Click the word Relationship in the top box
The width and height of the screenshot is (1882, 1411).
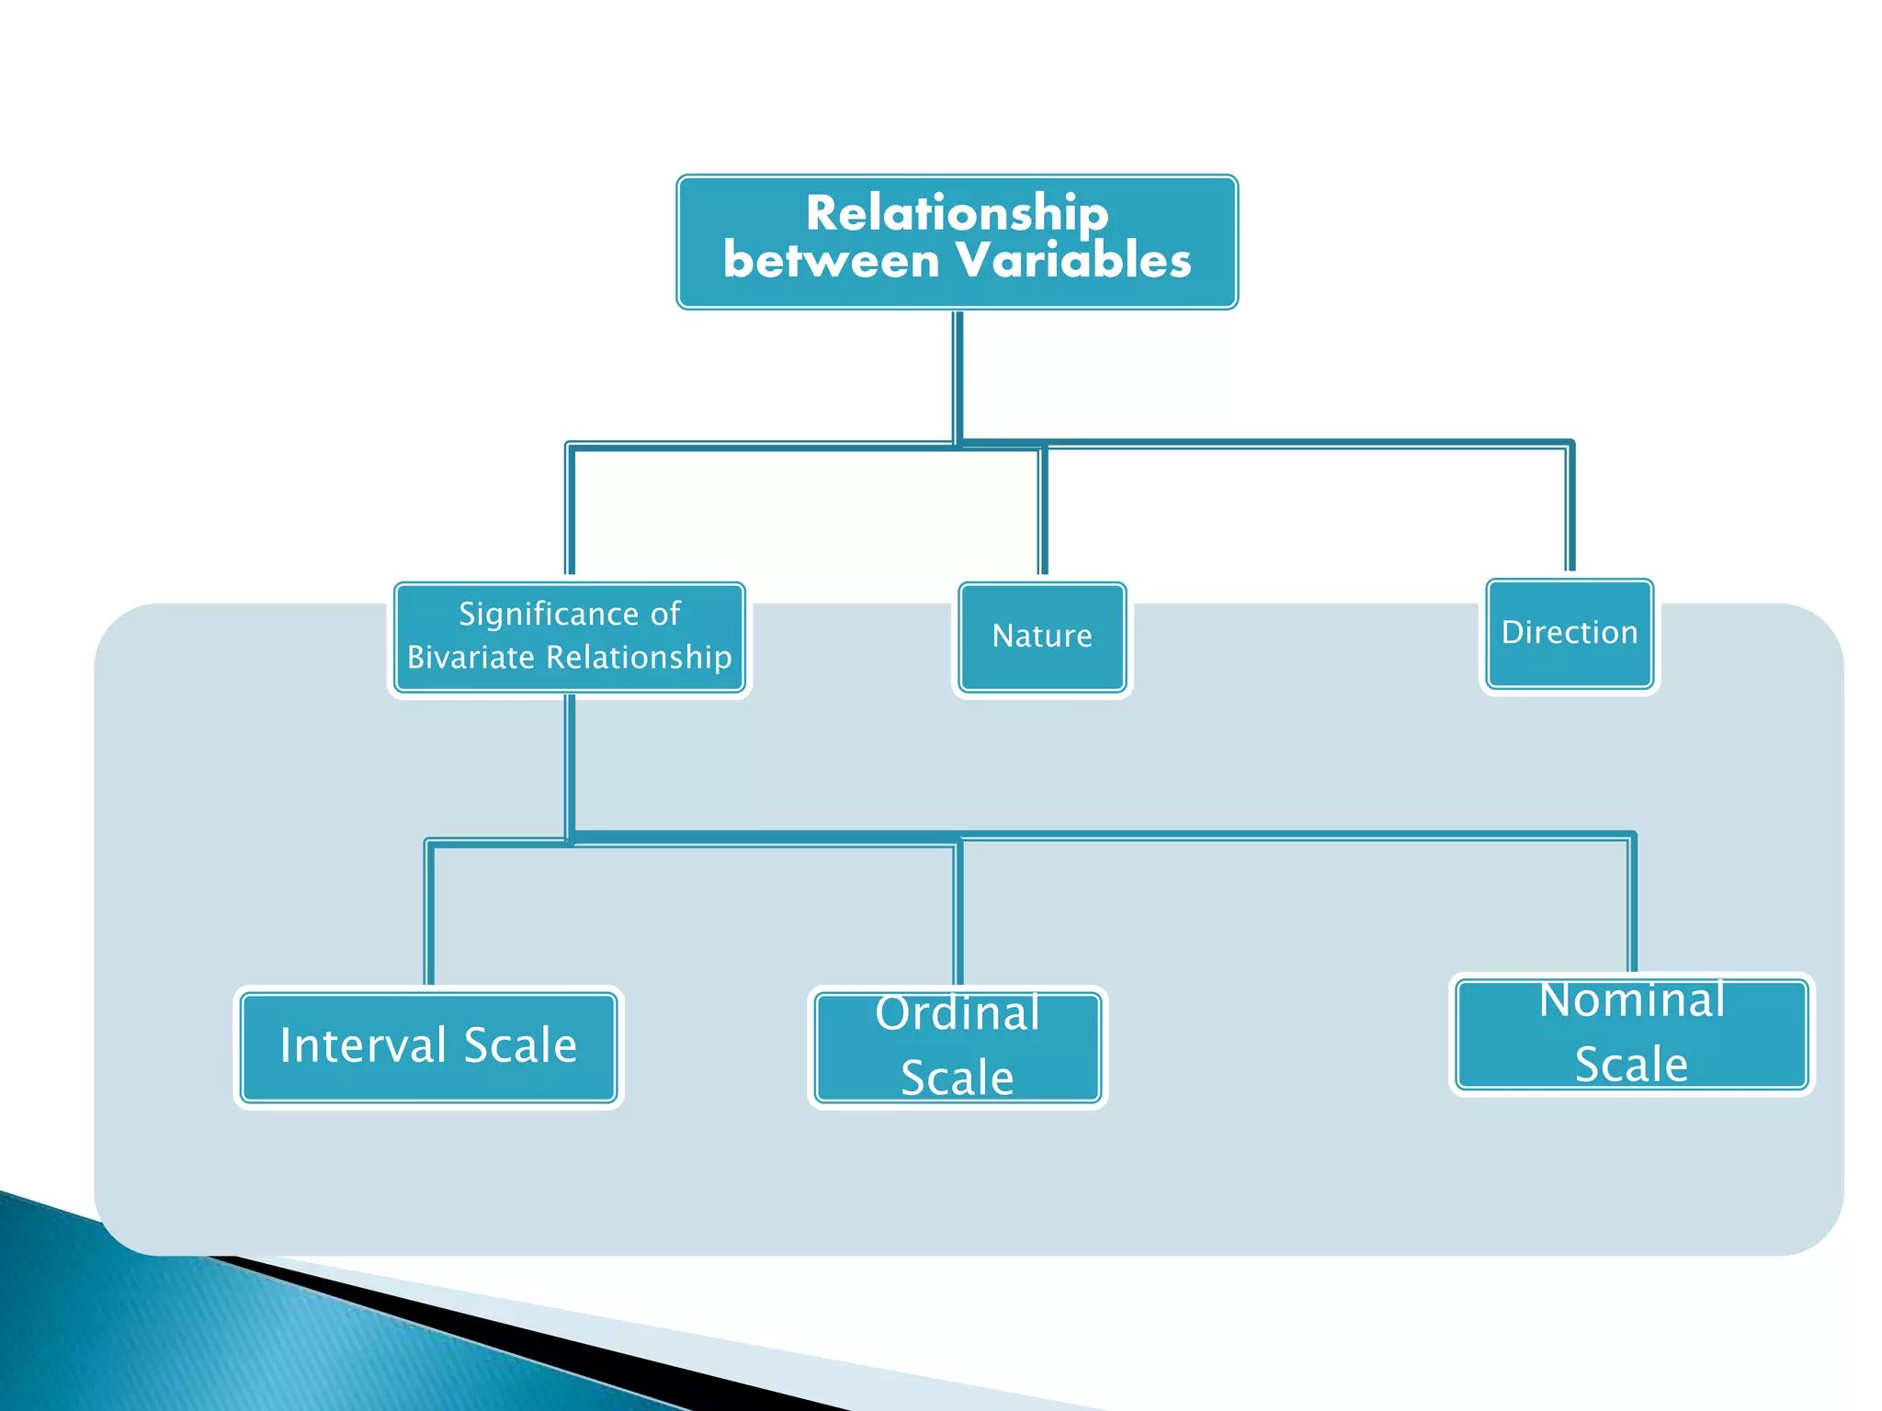tap(957, 214)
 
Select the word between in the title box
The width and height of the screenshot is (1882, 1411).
tap(830, 260)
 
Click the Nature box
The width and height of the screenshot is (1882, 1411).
tap(1042, 636)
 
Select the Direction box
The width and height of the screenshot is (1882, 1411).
tap(1570, 632)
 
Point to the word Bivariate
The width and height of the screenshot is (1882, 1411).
tap(470, 658)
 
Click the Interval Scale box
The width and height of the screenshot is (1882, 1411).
tap(428, 1046)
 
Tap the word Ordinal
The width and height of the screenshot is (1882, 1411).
tap(958, 1013)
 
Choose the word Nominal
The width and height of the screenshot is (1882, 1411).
tap(1632, 999)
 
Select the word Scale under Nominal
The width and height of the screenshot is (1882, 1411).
tap(1631, 1065)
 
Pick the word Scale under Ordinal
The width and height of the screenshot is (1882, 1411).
tap(957, 1078)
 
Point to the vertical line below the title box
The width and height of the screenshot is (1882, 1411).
tap(958, 377)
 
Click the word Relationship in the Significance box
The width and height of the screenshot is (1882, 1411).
tap(639, 658)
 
